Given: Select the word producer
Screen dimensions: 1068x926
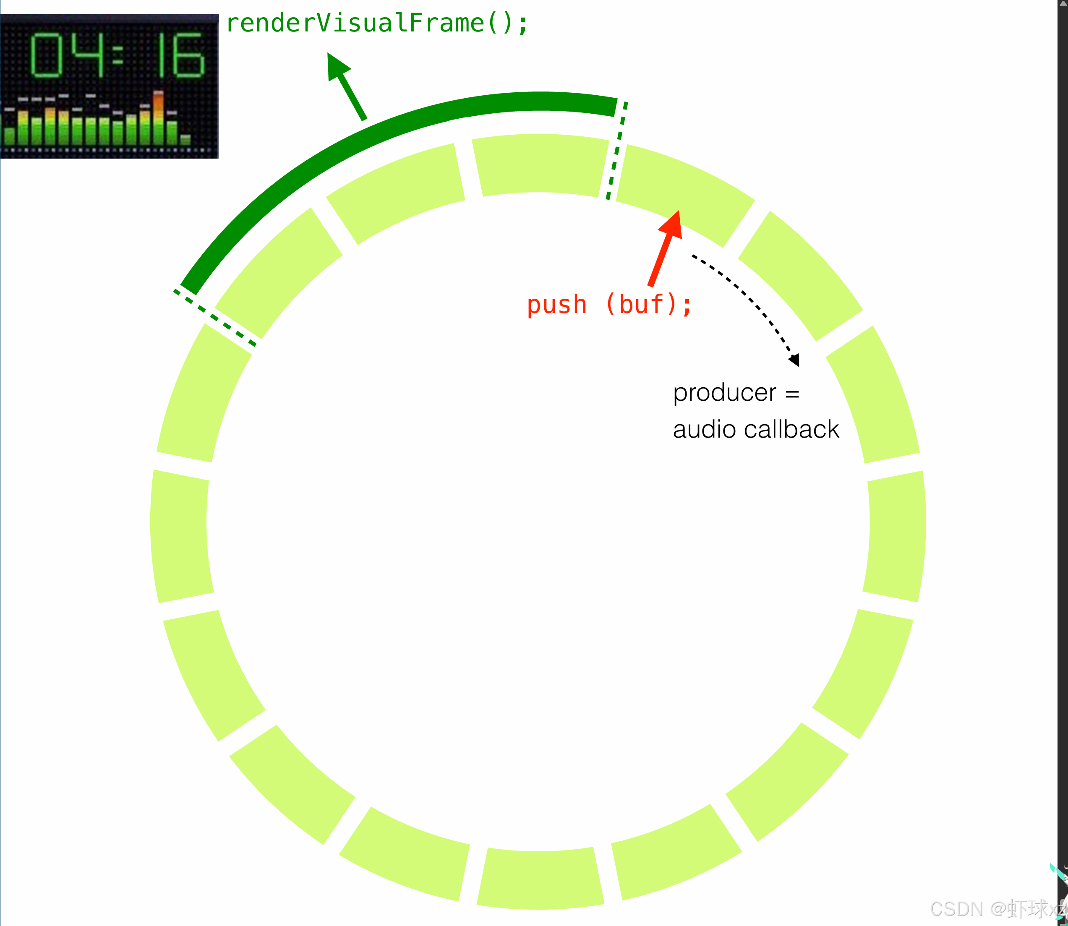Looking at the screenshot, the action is point(724,393).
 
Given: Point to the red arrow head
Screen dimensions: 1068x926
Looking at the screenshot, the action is point(672,225).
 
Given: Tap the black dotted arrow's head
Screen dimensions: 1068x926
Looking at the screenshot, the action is point(795,360).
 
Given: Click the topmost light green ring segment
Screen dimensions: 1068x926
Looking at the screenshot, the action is point(540,164).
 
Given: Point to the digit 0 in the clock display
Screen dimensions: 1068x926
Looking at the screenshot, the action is point(47,55).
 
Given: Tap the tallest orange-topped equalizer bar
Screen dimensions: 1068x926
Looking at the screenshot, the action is point(159,118).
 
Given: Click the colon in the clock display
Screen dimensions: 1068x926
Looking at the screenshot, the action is point(118,55).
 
